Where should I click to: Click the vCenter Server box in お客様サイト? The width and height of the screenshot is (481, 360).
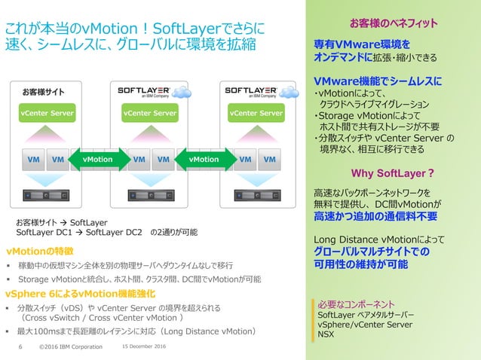(47, 114)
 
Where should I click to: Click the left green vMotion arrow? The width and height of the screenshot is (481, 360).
(97, 160)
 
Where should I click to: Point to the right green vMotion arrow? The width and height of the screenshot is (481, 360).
(203, 160)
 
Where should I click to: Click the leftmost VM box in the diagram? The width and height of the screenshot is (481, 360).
(33, 160)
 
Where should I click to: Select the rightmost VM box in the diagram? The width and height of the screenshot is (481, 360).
(269, 160)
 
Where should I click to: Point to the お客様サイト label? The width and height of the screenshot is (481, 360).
(42, 93)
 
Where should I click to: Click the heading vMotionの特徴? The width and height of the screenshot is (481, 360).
(39, 250)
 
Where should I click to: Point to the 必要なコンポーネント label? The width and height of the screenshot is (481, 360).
(356, 304)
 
